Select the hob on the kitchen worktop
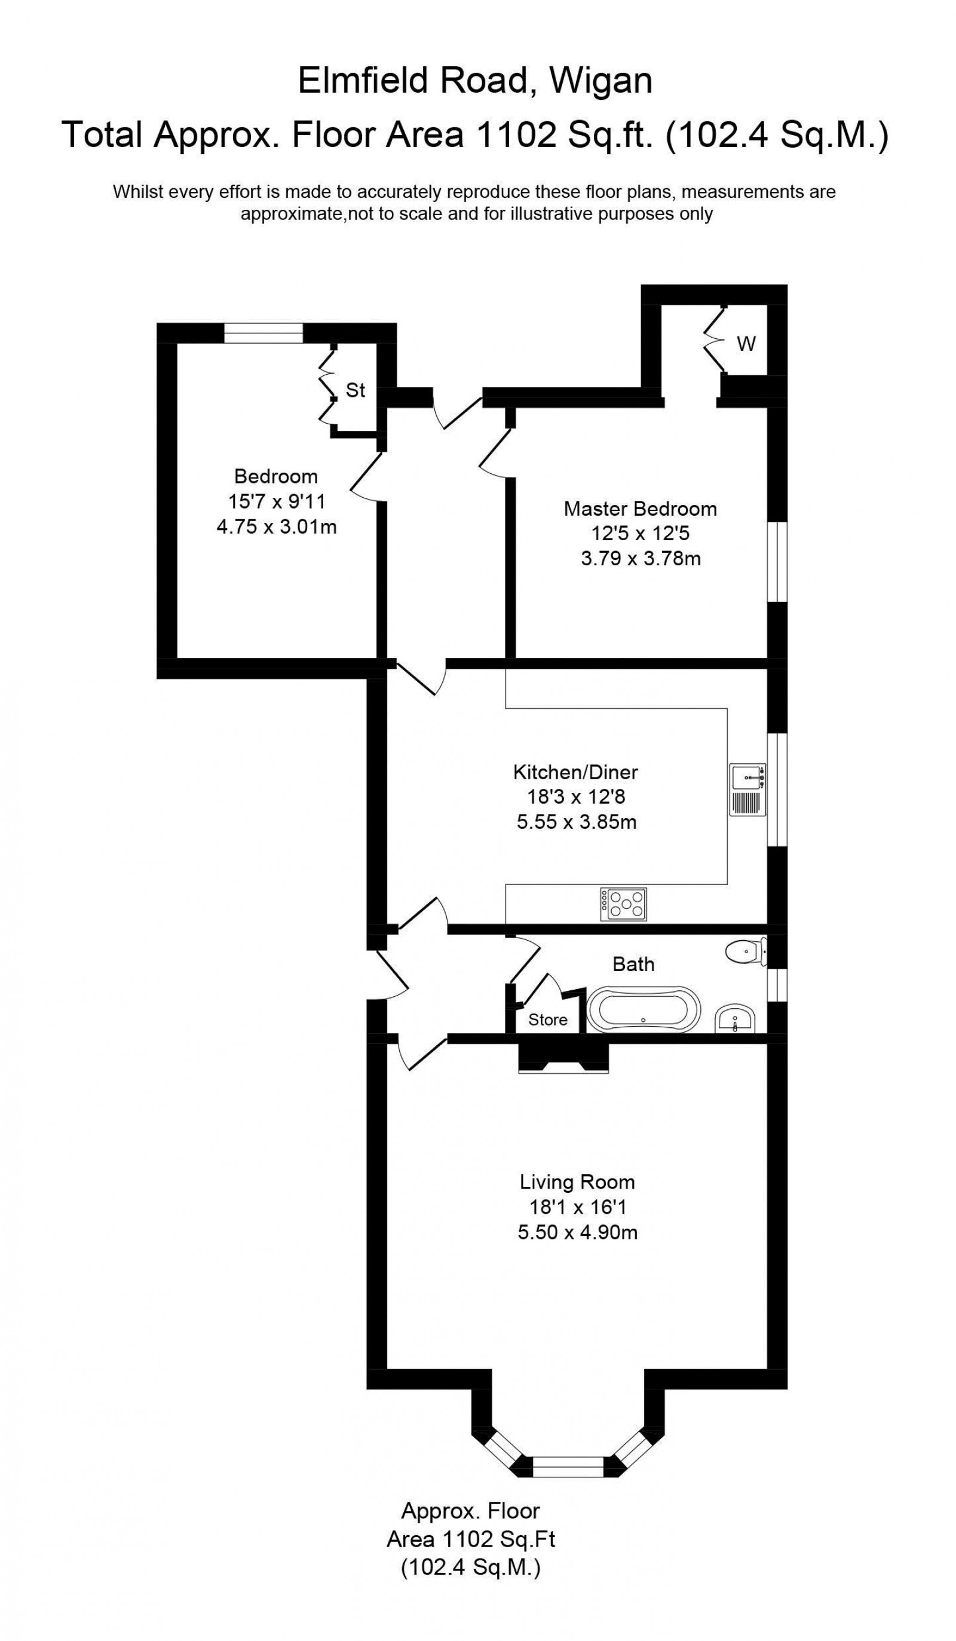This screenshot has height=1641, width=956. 623,904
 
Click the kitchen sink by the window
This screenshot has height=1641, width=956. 747,789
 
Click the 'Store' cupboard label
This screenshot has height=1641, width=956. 548,1019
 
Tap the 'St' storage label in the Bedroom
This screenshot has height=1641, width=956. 355,390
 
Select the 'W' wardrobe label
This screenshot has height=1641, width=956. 746,343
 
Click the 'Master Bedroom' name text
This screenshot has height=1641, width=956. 640,509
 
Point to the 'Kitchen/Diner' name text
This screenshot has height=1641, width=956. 575,771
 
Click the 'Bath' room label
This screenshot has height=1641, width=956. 633,964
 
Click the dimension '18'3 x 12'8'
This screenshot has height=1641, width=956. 575,797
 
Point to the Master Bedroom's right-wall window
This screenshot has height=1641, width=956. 777,562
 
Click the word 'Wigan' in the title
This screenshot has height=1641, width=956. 600,81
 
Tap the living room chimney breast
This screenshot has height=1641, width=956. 563,1055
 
